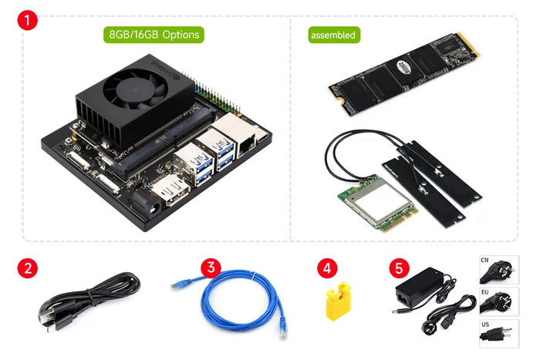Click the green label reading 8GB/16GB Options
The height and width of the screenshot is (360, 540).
pos(154,35)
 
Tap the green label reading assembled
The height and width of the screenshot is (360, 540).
pos(332,35)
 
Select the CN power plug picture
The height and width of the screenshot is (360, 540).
pos(498,271)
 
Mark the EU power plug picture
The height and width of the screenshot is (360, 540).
pos(498,303)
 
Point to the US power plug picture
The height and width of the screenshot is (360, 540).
pos(498,335)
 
